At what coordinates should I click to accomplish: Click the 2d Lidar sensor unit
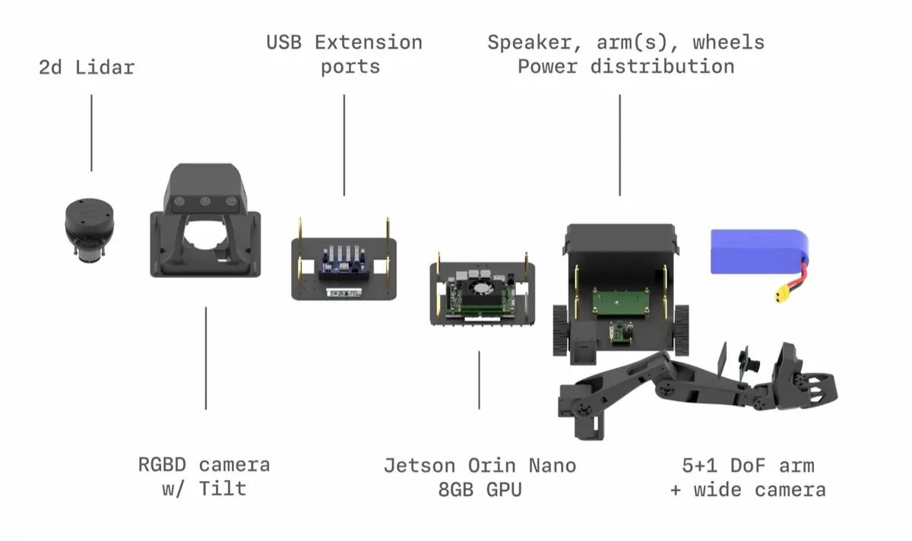[x=89, y=230]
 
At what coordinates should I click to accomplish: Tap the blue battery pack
[x=759, y=252]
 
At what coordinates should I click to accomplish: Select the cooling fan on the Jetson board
[x=482, y=288]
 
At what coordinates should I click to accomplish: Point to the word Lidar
[x=105, y=68]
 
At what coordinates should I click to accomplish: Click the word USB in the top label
[x=283, y=43]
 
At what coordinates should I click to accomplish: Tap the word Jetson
[x=420, y=466]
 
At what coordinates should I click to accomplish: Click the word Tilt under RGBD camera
[x=222, y=489]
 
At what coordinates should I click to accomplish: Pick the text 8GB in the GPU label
[x=455, y=489]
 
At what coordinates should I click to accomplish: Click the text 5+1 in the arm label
[x=699, y=466]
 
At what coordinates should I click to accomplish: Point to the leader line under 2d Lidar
[x=92, y=133]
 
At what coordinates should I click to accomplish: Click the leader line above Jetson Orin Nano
[x=480, y=380]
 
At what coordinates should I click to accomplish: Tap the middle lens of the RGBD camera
[x=205, y=201]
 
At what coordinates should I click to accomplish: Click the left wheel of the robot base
[x=560, y=331]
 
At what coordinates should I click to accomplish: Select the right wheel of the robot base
[x=681, y=330]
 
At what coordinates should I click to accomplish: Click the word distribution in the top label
[x=663, y=66]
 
